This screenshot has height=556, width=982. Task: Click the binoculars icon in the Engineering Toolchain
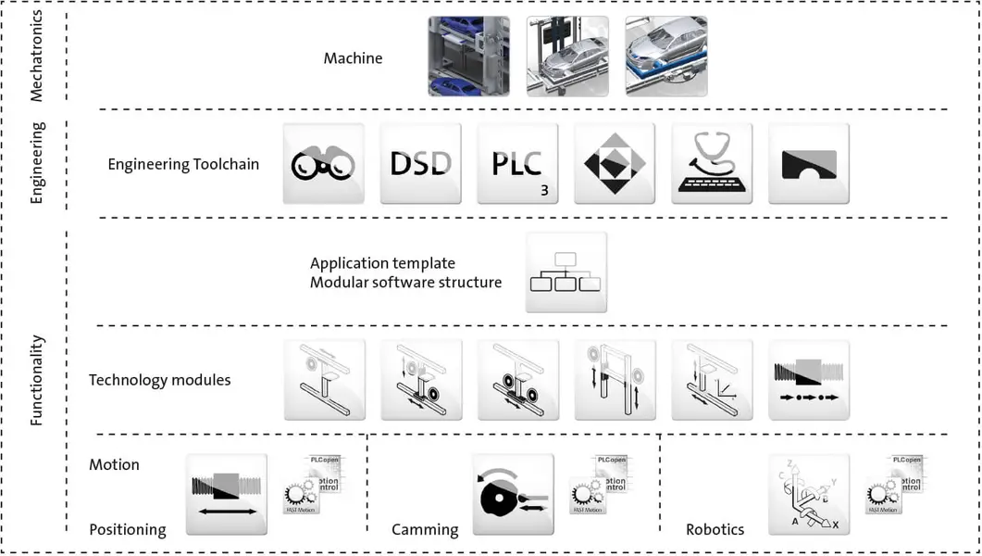323,163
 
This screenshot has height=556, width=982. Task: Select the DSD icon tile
420,163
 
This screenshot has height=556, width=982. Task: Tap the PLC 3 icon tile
517,163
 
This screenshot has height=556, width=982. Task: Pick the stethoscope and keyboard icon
712,163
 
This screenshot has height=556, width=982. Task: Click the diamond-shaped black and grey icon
615,163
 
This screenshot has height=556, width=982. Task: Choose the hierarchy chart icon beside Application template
566,272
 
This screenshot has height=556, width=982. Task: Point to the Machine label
353,58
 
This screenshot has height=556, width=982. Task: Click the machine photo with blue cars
468,57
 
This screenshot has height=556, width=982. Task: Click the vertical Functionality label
37,380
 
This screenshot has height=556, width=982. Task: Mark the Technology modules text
159,380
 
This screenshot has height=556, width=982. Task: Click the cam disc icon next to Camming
513,495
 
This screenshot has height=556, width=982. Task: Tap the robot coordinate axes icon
809,495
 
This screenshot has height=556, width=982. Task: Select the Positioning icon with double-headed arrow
226,495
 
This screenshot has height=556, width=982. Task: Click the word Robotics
715,529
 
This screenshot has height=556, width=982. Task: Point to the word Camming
425,529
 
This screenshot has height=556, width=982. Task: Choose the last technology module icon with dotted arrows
809,380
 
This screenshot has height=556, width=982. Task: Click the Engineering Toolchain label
183,165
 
